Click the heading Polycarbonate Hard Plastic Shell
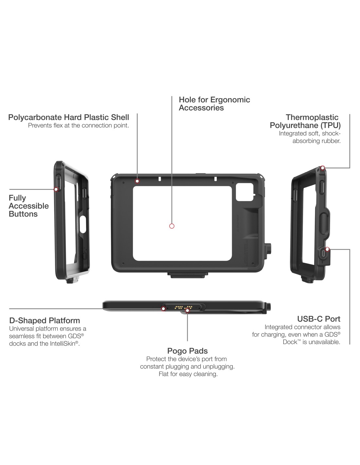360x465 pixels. click(68, 117)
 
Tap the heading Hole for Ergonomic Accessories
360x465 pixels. click(214, 104)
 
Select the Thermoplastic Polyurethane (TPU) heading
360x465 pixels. click(305, 121)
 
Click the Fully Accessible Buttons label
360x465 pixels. click(28, 206)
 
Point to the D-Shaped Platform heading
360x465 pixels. click(45, 320)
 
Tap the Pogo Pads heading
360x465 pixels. click(187, 351)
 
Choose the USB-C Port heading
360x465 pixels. click(318, 319)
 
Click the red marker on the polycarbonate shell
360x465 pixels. click(137, 181)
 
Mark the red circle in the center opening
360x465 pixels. click(172, 226)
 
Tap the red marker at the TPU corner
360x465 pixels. click(323, 168)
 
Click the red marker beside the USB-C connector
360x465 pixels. click(328, 250)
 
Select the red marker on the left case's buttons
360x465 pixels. click(56, 189)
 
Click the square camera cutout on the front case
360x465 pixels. click(245, 192)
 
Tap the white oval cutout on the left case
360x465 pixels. click(82, 223)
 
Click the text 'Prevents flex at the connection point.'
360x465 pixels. click(78, 126)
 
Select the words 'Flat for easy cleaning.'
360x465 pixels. click(188, 374)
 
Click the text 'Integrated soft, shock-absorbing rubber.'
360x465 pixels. click(310, 137)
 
